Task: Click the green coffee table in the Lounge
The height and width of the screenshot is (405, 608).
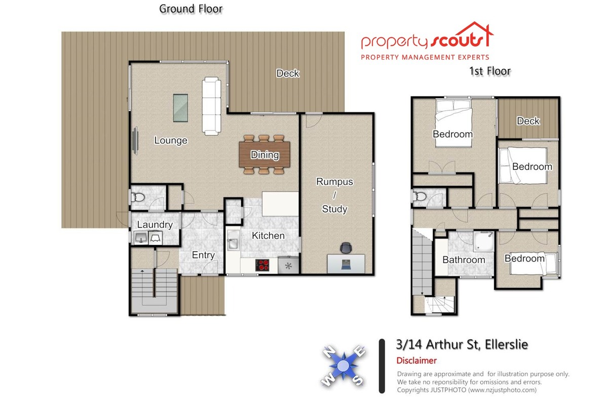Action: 180,108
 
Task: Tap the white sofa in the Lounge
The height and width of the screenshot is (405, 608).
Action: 211,106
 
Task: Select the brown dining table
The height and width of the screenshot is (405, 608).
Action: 264,154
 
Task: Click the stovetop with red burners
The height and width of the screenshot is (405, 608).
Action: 262,265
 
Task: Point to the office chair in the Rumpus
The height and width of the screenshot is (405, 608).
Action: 346,248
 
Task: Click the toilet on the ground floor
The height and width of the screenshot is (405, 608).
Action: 138,197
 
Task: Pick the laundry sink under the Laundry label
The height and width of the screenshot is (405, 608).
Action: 141,238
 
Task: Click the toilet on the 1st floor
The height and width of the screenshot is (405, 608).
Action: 420,196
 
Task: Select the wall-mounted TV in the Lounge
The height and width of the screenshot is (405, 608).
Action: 135,141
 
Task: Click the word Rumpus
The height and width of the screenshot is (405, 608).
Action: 334,182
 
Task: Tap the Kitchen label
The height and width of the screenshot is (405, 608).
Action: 268,235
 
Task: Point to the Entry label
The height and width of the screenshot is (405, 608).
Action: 203,255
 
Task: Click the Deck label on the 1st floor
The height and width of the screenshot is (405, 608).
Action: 528,121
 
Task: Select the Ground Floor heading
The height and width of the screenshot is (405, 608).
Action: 191,9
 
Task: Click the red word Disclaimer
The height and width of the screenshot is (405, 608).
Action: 416,360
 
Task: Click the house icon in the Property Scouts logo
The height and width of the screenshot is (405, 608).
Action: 476,34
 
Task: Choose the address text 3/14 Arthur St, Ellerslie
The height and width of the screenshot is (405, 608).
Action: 462,345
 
